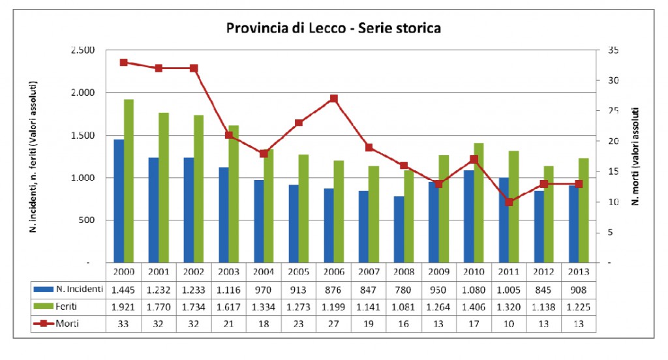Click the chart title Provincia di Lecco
[x=333, y=28]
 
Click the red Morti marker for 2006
[x=334, y=98]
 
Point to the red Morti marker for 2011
[x=509, y=202]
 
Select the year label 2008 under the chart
[x=404, y=271]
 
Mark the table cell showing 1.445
[x=123, y=288]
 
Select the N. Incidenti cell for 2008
[x=404, y=288]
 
